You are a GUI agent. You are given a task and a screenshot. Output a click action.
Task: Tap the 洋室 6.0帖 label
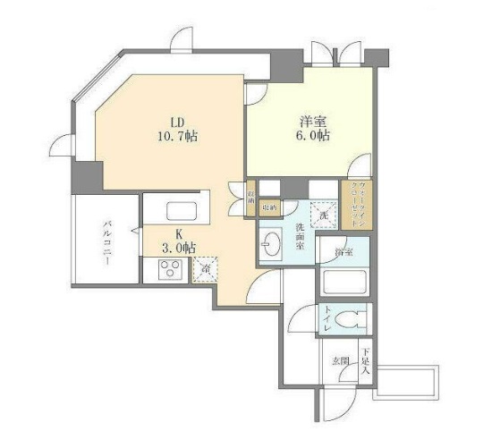point(312,129)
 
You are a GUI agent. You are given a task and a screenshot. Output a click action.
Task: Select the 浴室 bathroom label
point(344,253)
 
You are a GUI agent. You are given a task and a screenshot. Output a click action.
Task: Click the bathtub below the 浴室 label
point(345,283)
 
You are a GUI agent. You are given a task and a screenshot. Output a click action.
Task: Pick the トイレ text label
point(328,320)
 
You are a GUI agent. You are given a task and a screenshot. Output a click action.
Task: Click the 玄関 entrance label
point(340,360)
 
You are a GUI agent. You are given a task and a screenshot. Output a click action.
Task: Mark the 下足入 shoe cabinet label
point(365,360)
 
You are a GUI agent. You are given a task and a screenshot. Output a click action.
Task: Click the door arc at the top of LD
point(181,40)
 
